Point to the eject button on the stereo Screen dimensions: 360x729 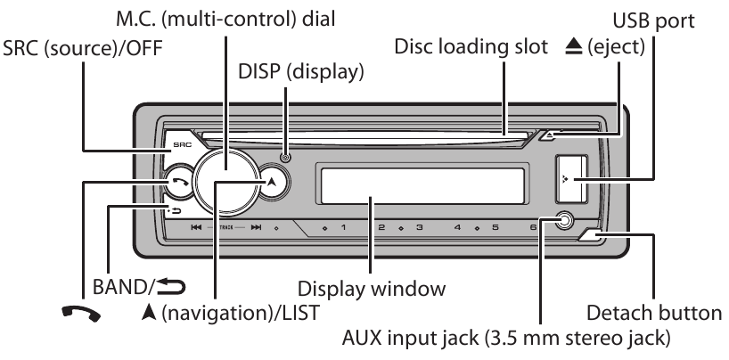click(550, 136)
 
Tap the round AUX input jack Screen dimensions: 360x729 click(563, 222)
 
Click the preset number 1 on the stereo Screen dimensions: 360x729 click(343, 228)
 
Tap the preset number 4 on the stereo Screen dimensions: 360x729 click(456, 228)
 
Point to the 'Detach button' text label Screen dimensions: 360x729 click(654, 312)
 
